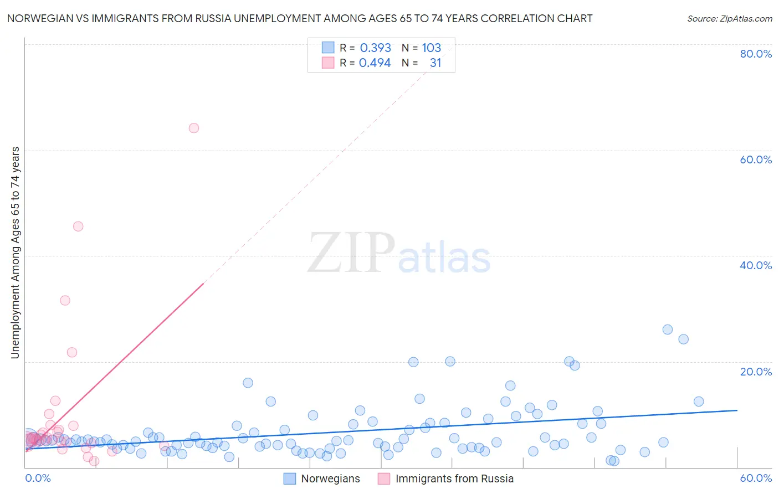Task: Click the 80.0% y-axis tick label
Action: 756,54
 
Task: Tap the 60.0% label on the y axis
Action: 756,159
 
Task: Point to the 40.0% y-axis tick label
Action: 756,265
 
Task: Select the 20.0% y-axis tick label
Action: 756,371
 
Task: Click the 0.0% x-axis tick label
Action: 38,478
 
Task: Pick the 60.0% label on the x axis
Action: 756,478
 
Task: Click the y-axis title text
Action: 16,252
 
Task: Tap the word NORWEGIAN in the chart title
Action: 42,18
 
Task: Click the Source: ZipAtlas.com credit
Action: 729,18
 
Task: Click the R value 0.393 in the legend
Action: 375,48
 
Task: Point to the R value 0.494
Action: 375,63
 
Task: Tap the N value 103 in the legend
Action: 431,48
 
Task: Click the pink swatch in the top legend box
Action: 328,63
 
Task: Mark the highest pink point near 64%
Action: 194,128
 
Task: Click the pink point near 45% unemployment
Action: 78,227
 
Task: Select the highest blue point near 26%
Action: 668,330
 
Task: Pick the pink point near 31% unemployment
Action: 65,300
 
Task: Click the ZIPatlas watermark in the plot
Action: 399,254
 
